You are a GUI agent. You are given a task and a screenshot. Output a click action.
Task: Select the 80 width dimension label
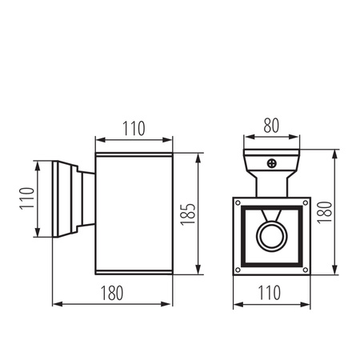click(x=273, y=125)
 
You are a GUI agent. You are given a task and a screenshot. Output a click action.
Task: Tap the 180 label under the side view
click(x=112, y=293)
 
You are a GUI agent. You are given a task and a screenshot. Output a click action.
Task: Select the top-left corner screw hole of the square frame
click(x=239, y=202)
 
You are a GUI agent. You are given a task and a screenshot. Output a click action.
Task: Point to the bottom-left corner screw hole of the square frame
click(x=239, y=269)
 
